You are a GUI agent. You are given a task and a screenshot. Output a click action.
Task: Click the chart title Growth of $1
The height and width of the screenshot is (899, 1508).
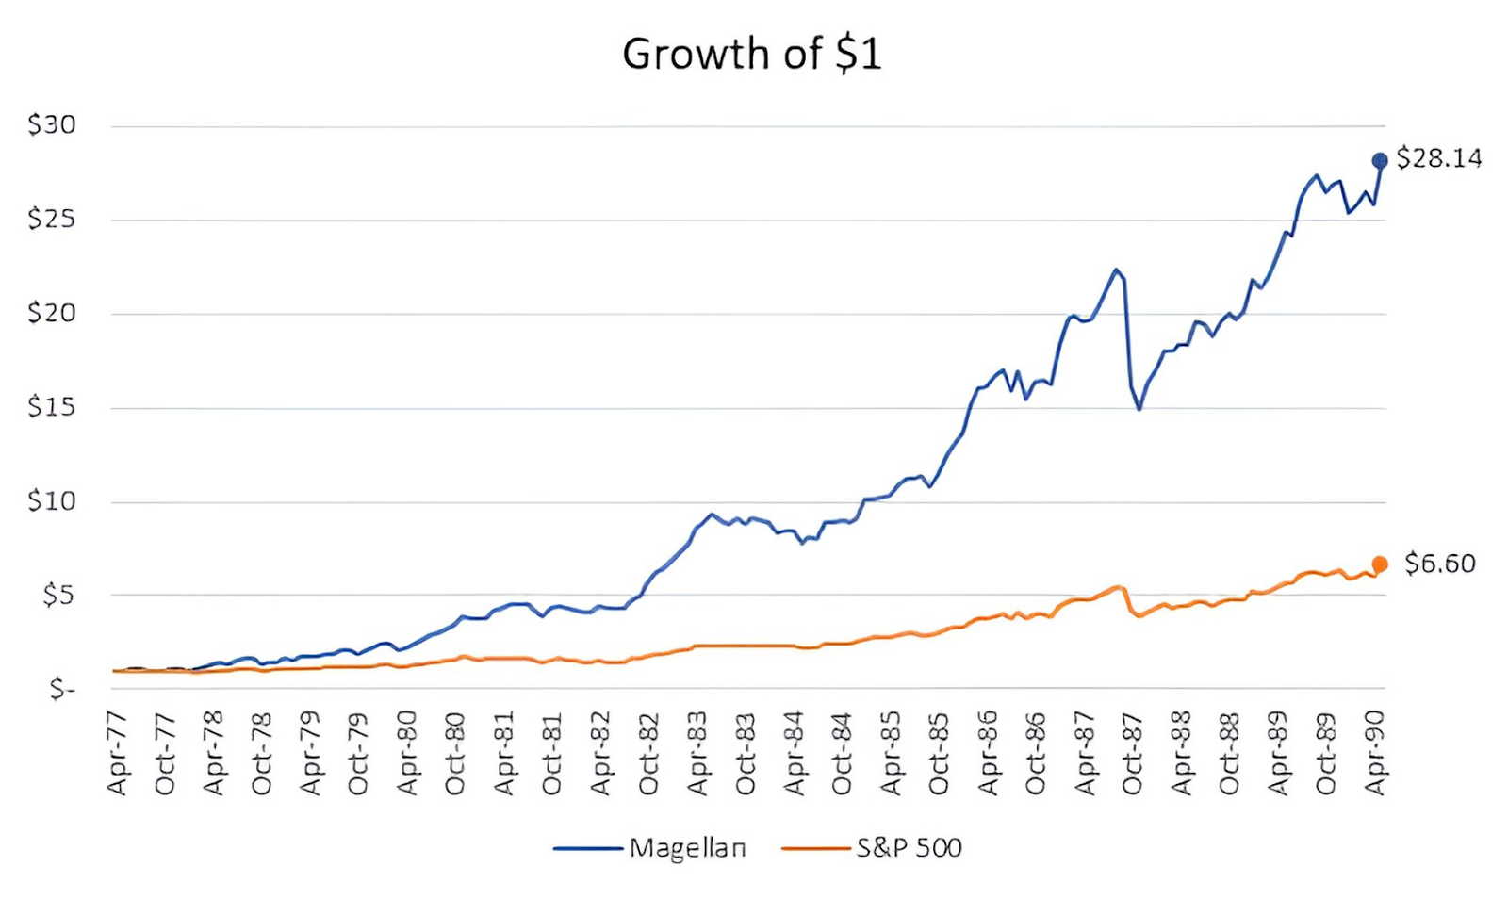click(x=751, y=54)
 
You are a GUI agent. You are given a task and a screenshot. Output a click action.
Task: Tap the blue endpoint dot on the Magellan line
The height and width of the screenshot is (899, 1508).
click(x=1379, y=160)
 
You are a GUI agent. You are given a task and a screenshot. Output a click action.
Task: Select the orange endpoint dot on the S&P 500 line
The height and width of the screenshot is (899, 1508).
click(x=1380, y=564)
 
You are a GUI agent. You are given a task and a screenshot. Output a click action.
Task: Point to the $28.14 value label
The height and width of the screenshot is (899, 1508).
click(x=1438, y=158)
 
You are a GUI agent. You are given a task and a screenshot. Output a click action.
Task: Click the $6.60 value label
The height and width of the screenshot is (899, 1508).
click(x=1439, y=564)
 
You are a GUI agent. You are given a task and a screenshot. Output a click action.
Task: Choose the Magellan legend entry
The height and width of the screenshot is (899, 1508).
click(x=687, y=848)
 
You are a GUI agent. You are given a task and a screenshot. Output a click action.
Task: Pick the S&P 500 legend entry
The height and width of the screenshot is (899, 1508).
click(x=908, y=848)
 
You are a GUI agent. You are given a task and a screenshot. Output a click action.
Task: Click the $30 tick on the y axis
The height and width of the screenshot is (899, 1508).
click(x=52, y=124)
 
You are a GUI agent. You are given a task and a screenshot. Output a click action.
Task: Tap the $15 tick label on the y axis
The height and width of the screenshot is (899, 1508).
click(x=52, y=407)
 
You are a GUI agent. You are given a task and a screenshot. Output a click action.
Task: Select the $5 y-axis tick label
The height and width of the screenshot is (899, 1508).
click(x=58, y=595)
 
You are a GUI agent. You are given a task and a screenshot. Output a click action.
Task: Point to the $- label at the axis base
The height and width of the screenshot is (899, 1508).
click(x=62, y=690)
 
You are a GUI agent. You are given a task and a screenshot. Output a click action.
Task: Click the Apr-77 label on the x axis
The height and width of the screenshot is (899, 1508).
click(x=117, y=754)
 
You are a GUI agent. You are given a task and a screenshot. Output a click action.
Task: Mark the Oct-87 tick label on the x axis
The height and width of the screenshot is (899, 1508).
click(x=1132, y=754)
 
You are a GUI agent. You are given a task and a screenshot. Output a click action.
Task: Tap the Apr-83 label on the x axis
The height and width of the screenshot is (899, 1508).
click(x=697, y=754)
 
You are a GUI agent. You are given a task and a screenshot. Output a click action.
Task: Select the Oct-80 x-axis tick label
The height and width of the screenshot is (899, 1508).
click(x=455, y=754)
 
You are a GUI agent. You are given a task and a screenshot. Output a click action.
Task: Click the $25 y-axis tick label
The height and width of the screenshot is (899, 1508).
click(x=52, y=219)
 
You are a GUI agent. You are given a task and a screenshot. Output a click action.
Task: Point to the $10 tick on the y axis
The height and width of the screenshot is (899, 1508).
click(x=52, y=500)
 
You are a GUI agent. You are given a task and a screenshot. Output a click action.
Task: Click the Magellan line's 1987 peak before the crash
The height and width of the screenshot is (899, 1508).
click(x=1116, y=270)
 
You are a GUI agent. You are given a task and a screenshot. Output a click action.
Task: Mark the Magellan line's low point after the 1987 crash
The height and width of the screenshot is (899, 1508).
click(x=1139, y=409)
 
